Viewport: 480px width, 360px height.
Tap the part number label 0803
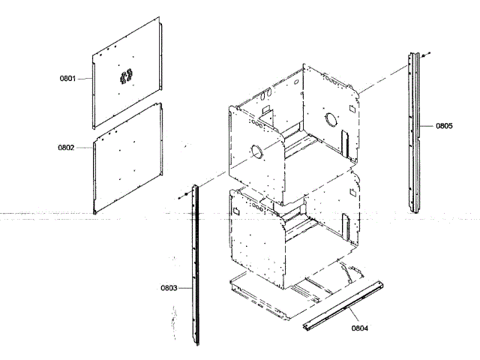pyautogui.click(x=169, y=287)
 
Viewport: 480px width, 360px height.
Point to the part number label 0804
pyautogui.click(x=360, y=327)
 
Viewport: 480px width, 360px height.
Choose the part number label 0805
pyautogui.click(x=444, y=126)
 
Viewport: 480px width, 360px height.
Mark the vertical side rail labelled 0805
pyautogui.click(x=413, y=131)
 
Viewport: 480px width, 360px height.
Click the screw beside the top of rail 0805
pyautogui.click(x=424, y=55)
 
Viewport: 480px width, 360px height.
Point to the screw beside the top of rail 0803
pyautogui.click(x=182, y=196)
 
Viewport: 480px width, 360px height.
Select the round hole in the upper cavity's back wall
pyautogui.click(x=331, y=118)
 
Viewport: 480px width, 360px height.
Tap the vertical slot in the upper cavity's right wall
pyautogui.click(x=344, y=141)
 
